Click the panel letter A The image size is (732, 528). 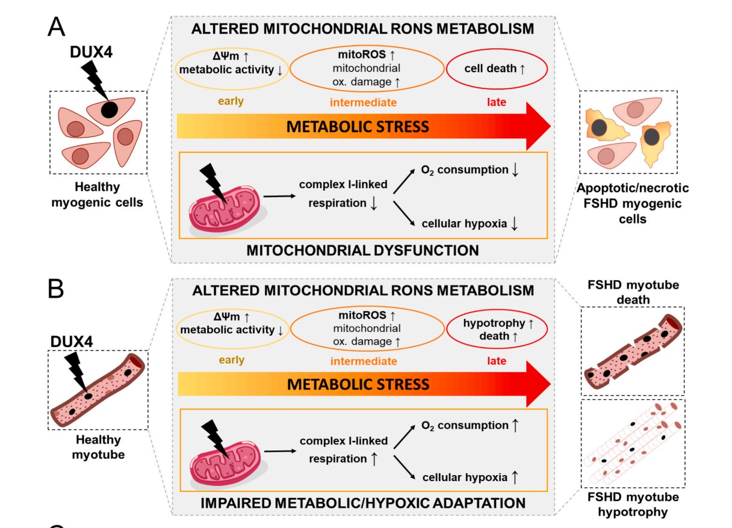tap(57, 27)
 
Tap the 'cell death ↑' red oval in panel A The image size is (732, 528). tap(496, 70)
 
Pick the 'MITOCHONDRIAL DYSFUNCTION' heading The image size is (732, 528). tap(362, 251)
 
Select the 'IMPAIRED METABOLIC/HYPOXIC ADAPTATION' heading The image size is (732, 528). tap(362, 502)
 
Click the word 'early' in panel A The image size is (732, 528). tap(231, 101)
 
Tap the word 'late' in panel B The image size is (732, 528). tap(496, 361)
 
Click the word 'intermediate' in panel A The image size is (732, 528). tap(362, 102)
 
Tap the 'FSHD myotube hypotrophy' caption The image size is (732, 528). tap(633, 505)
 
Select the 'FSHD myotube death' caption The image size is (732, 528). tap(633, 292)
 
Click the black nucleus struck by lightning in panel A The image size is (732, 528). tap(109, 110)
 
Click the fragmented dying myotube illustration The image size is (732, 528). tap(632, 352)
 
